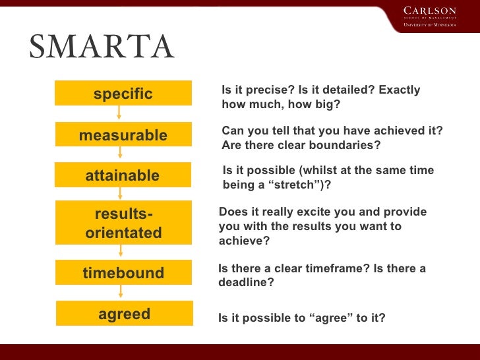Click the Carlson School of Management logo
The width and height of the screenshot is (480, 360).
(x=429, y=17)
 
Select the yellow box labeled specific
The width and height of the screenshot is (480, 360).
(x=123, y=94)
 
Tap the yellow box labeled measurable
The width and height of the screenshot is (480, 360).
(x=123, y=135)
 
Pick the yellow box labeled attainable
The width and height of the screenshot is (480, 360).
(x=123, y=175)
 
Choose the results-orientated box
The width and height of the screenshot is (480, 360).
(x=123, y=224)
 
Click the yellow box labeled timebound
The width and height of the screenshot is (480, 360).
(x=123, y=273)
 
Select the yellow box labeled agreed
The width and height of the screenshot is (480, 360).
(x=124, y=314)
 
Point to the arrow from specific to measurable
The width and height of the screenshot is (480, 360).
(x=119, y=113)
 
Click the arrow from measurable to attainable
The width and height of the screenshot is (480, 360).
(x=120, y=154)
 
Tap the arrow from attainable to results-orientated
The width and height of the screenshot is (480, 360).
(x=120, y=194)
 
